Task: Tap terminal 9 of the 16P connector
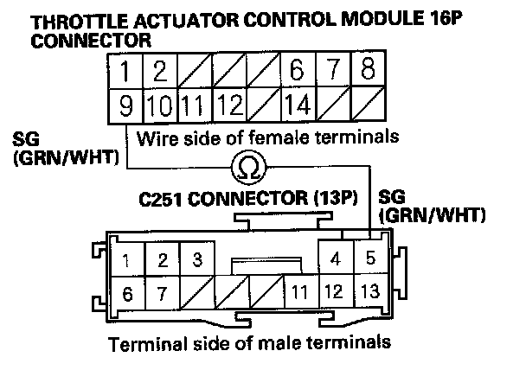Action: tap(125, 107)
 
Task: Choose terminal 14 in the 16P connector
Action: tap(296, 107)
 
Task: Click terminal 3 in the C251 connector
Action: tap(197, 259)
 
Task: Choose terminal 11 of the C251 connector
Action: tap(300, 291)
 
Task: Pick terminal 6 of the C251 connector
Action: tap(127, 292)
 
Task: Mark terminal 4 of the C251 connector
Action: tap(337, 258)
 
